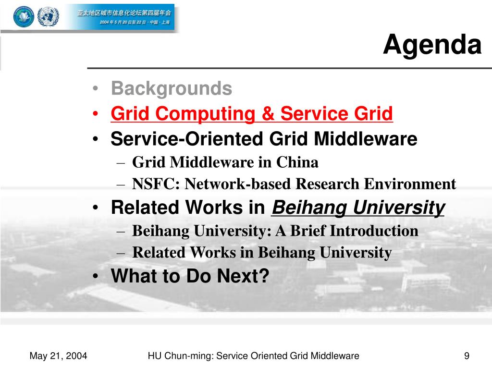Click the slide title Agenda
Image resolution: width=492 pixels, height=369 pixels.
tap(432, 45)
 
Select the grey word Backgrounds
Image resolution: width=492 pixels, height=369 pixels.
tap(172, 88)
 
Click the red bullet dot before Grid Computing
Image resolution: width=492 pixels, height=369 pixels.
tap(96, 113)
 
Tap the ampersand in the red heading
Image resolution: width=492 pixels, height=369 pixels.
tap(268, 113)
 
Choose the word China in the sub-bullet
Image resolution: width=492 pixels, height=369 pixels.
tap(297, 162)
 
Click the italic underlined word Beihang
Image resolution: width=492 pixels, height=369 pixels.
tap(309, 208)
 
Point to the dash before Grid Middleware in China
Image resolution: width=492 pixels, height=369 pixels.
tap(121, 163)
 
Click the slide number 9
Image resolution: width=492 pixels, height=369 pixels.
tap(467, 356)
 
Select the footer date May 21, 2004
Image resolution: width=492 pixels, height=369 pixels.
tap(58, 356)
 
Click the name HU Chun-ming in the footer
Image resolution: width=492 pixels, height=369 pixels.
tap(181, 356)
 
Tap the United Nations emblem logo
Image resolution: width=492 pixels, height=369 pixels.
tap(48, 16)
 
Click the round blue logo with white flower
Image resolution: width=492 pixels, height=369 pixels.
tap(24, 16)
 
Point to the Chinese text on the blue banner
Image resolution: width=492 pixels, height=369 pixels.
tap(124, 17)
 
